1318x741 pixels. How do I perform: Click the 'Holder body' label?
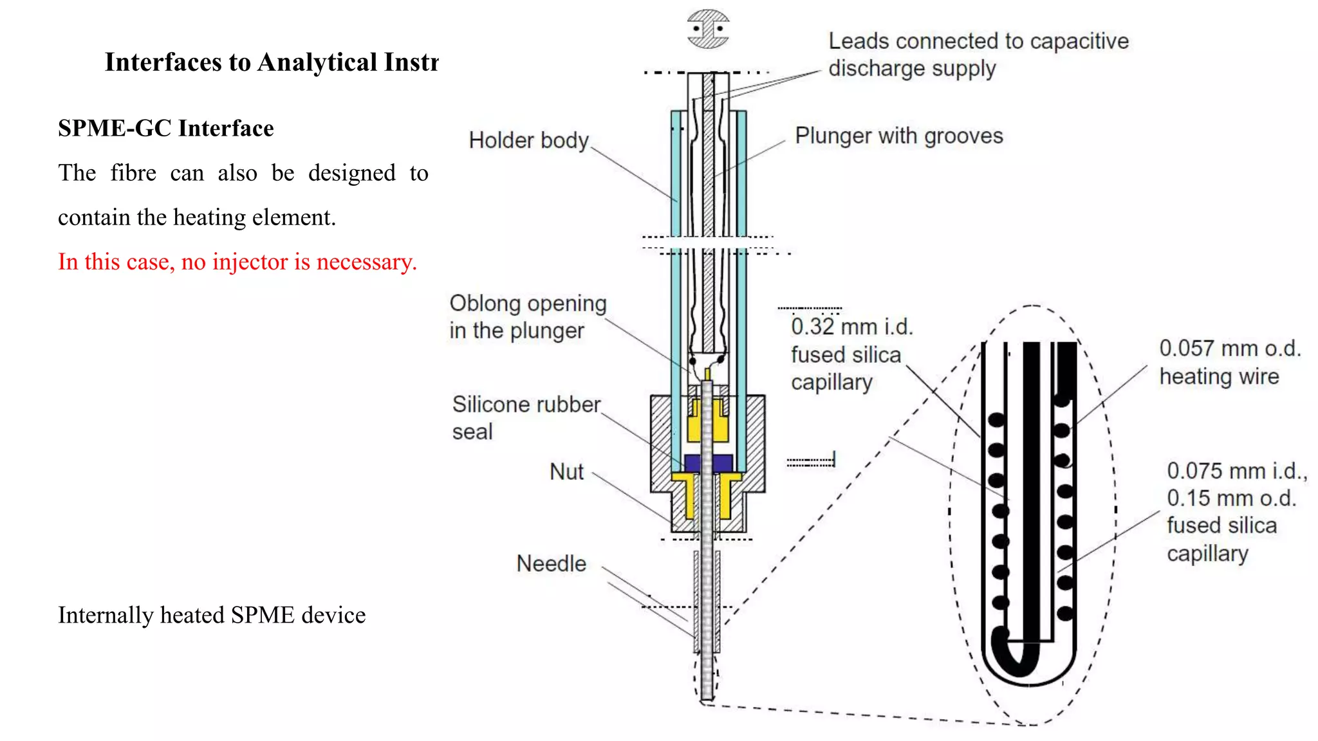[x=528, y=140]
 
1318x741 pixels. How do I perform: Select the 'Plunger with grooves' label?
[x=898, y=136]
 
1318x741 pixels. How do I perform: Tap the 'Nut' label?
[x=566, y=471]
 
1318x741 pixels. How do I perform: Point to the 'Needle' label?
[x=551, y=563]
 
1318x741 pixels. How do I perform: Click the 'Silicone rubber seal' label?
[x=525, y=417]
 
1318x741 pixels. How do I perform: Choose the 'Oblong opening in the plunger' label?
[x=528, y=316]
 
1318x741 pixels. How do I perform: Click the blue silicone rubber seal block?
[x=708, y=463]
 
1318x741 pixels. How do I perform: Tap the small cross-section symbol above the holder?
[x=708, y=29]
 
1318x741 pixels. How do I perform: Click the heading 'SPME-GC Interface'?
[x=166, y=128]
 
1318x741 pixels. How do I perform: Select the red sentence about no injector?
[x=237, y=262]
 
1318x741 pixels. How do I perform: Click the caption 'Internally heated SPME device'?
[x=212, y=615]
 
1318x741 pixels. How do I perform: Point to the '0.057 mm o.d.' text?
[x=1230, y=349]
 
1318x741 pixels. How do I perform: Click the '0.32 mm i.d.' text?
[x=851, y=327]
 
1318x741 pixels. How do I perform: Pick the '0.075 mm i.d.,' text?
[x=1236, y=471]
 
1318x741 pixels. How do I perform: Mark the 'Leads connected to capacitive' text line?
[x=978, y=41]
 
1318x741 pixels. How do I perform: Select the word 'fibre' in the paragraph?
[x=133, y=173]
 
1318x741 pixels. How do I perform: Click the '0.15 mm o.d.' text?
[x=1231, y=499]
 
